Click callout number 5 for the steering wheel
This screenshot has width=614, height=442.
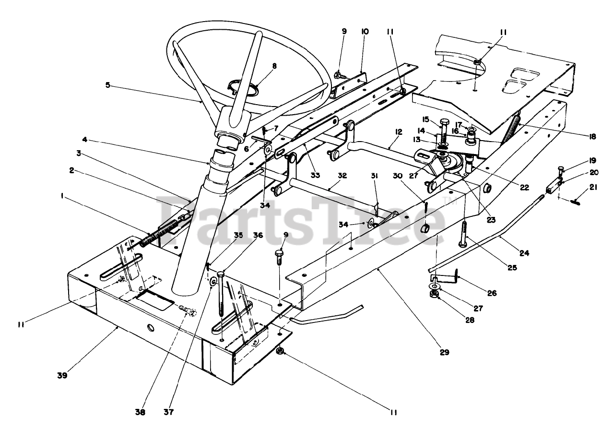(x=108, y=85)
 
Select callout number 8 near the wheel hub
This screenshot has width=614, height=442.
(x=274, y=67)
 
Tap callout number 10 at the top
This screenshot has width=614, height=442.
(x=365, y=31)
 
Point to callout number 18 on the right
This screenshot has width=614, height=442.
(x=593, y=136)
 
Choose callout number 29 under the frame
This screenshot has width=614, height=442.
(x=444, y=352)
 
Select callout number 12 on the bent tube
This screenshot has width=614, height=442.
(x=398, y=131)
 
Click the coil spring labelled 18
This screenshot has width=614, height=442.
(x=511, y=126)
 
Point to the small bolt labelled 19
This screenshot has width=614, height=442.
(x=562, y=169)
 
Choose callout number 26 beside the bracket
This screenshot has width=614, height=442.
(x=492, y=293)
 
